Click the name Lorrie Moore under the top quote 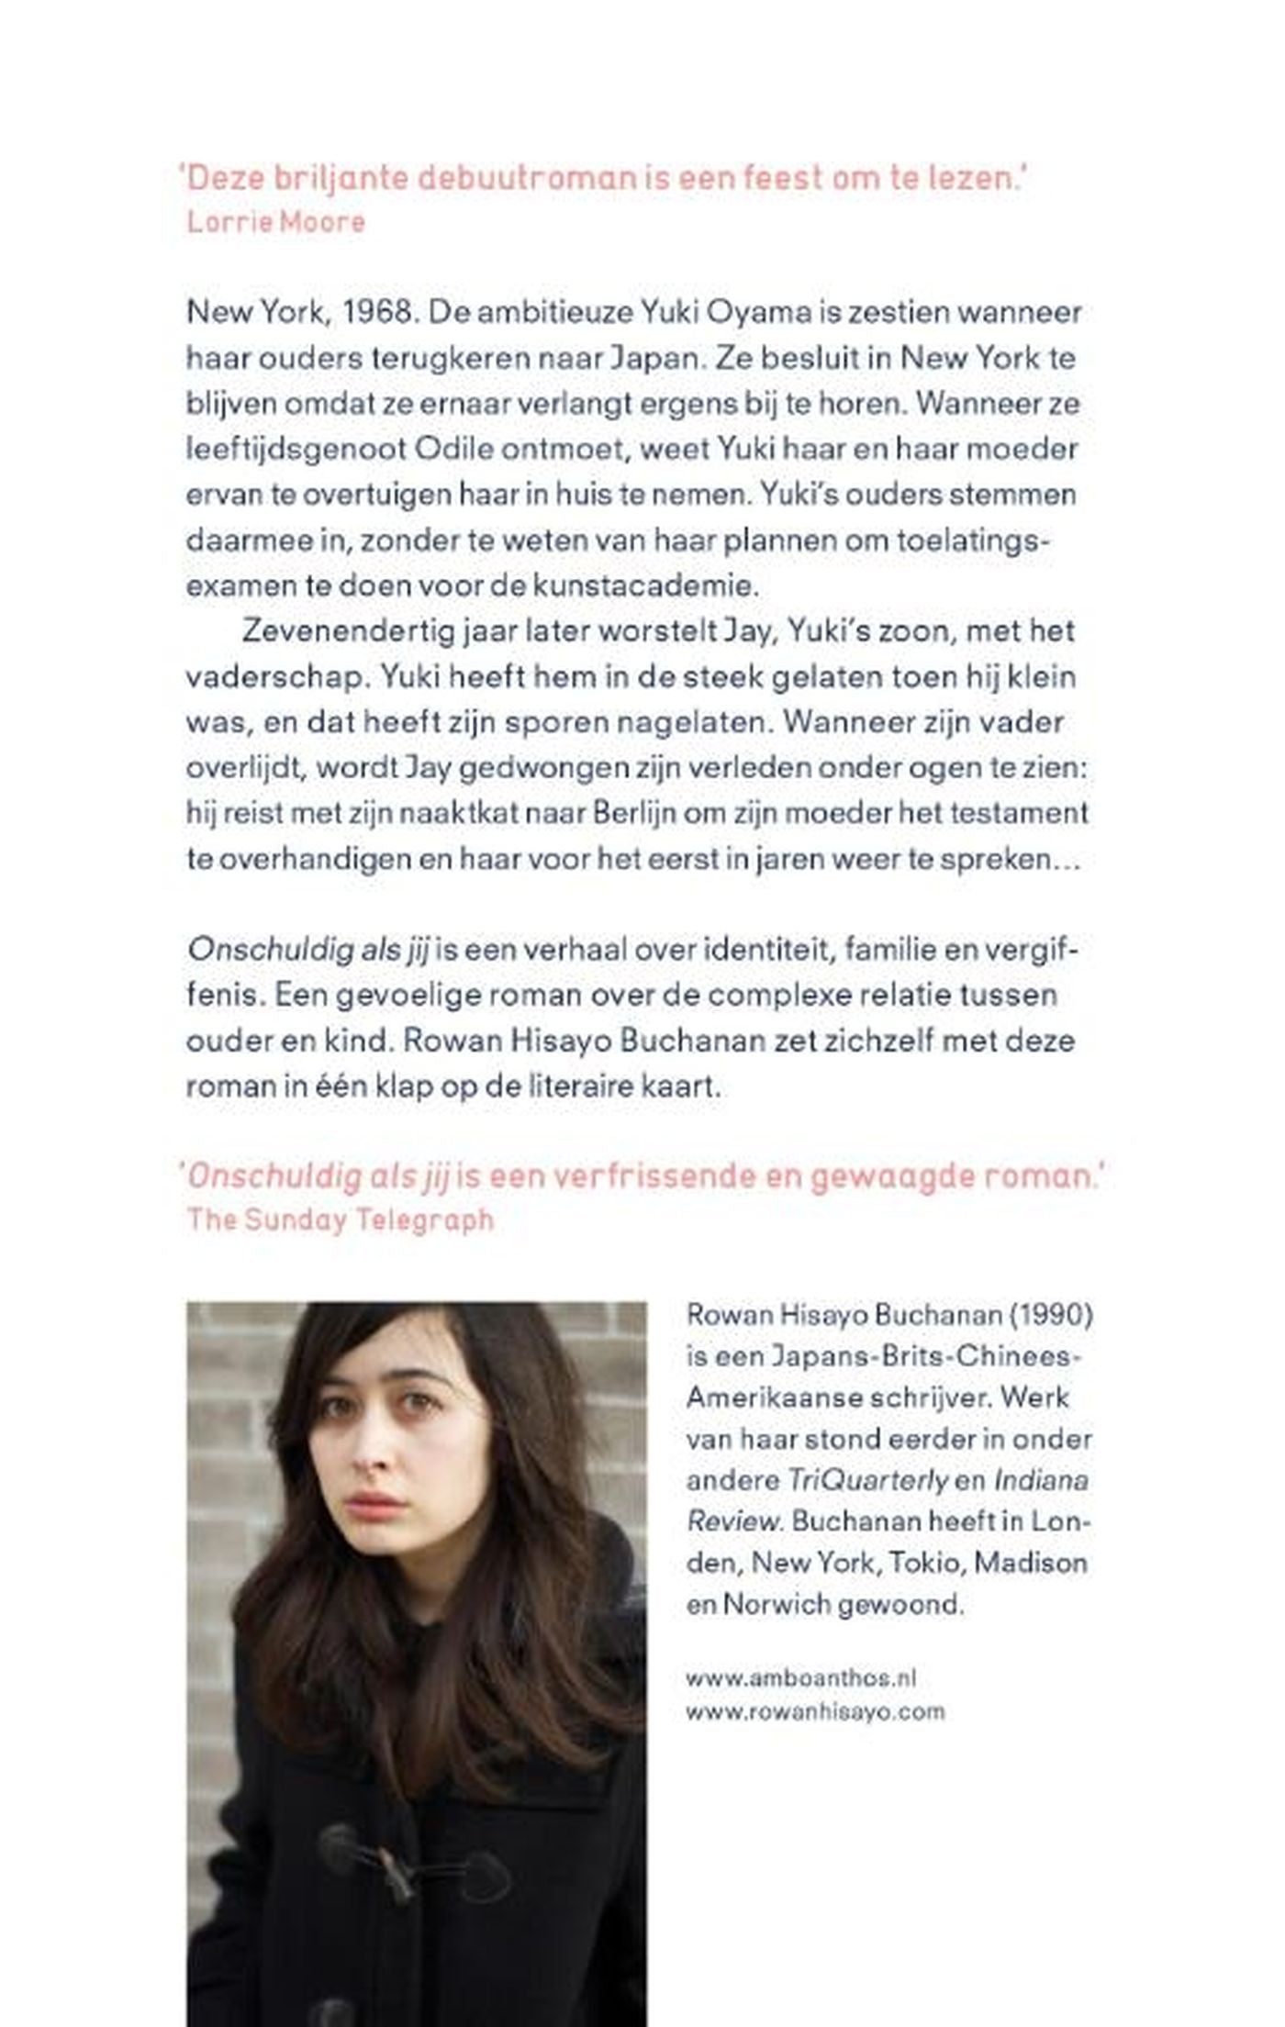click(276, 222)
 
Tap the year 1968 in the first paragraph click(379, 312)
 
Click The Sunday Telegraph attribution click(341, 1220)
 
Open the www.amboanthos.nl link click(801, 1678)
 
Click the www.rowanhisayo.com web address click(815, 1712)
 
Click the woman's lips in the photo click(376, 1506)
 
